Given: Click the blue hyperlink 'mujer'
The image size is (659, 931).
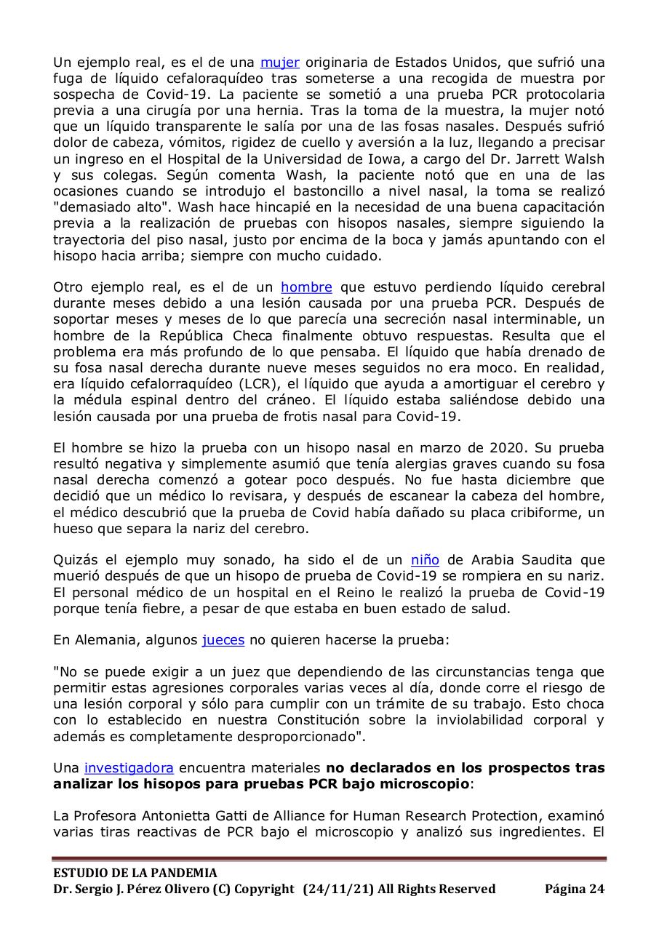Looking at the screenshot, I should (280, 63).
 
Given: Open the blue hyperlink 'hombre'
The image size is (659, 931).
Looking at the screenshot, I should (306, 287).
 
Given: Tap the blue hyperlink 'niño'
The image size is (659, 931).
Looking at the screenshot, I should (425, 560).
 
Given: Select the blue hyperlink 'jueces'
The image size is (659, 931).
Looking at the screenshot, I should (223, 640).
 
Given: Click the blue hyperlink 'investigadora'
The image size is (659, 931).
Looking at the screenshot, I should (129, 768).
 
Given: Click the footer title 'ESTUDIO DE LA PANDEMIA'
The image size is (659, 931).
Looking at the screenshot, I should (135, 873).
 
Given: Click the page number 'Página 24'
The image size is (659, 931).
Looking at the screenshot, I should (575, 889).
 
